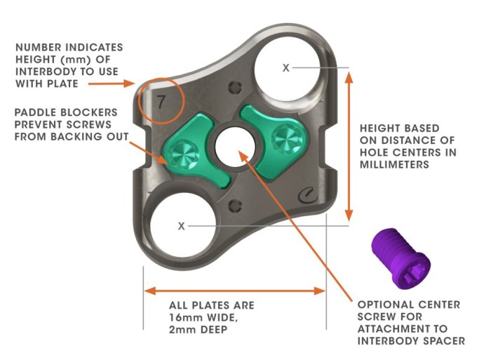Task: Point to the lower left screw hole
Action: [180, 225]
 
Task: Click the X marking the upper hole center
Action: [285, 67]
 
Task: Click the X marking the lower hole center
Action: [182, 226]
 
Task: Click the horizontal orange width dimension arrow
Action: [234, 290]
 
